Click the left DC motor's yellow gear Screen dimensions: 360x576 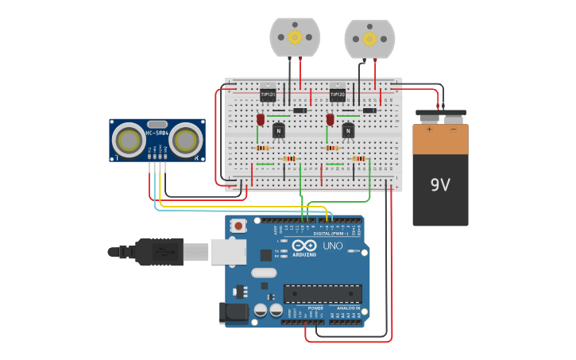coord(295,37)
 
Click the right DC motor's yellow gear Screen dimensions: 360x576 coord(369,38)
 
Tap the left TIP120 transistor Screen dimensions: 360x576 coord(268,94)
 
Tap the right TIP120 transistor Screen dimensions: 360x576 coord(338,94)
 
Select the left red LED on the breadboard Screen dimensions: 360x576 coord(261,119)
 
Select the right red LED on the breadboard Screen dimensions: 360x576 coord(330,119)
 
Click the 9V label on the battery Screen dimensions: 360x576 coord(440,184)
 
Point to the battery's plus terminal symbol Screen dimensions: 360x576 coord(430,129)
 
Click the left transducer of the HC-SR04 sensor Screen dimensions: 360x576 coord(128,141)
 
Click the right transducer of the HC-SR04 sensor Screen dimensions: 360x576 coord(186,141)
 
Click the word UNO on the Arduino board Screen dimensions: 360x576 coord(332,246)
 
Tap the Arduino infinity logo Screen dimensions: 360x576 coord(303,246)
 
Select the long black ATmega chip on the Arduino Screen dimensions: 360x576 coord(323,293)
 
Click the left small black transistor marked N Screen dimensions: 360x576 coord(278,131)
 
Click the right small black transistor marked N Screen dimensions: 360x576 coord(348,131)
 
